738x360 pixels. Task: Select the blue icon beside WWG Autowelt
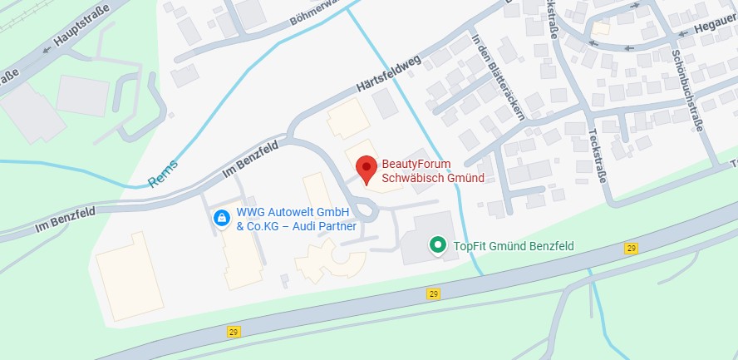(x=222, y=218)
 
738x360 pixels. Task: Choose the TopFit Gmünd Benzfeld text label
(x=514, y=245)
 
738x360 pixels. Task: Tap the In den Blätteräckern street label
(x=498, y=76)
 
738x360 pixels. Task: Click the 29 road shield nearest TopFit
(x=433, y=293)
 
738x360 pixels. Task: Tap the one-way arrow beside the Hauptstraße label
(x=47, y=49)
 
